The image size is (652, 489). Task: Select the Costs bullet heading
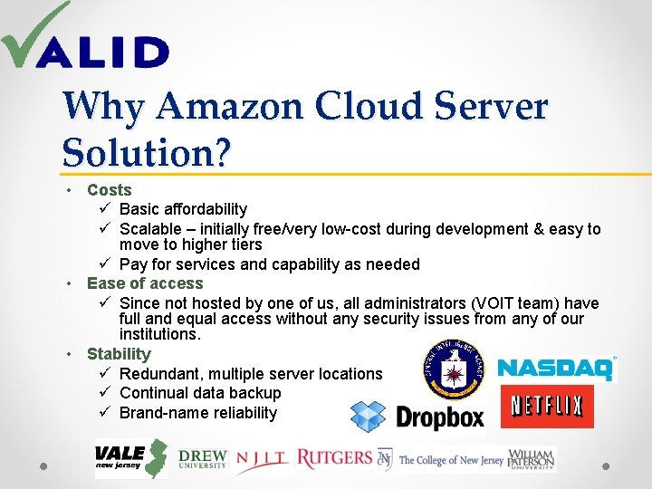coord(110,190)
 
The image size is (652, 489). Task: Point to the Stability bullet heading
coord(119,354)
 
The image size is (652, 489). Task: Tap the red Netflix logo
coord(546,406)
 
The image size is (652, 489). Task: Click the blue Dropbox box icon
coord(368,417)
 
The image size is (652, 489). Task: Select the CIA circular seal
coord(454,369)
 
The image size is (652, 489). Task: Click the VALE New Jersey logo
coord(131,458)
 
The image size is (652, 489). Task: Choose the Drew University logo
coord(202,459)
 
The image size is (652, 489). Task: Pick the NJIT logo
coord(264,460)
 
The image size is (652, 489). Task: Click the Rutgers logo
coord(334,458)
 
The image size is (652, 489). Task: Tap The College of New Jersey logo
coord(441,459)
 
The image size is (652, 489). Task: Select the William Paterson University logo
coord(532,459)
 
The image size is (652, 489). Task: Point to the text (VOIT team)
coord(503,303)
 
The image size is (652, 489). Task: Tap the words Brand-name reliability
coord(198,413)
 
